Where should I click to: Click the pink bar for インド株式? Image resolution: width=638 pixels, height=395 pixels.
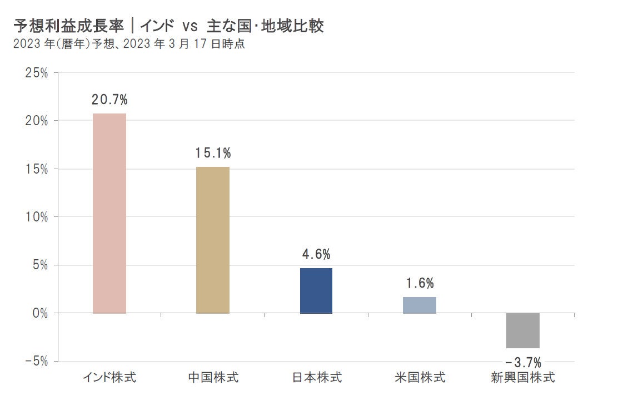(109, 213)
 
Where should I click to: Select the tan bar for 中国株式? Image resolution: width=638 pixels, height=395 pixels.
(213, 240)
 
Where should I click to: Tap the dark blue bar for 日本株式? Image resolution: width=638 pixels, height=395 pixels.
(316, 290)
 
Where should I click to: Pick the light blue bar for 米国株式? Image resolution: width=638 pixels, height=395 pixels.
(420, 305)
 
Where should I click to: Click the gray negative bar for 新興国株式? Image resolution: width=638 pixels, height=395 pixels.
(523, 330)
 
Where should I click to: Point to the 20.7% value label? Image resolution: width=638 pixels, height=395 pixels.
(110, 100)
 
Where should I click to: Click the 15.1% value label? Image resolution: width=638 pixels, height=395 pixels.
(213, 153)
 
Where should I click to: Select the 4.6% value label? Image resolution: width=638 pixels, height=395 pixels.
(316, 255)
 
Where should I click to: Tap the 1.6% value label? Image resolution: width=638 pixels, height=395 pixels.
(420, 283)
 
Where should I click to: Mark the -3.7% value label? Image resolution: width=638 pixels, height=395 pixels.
(523, 363)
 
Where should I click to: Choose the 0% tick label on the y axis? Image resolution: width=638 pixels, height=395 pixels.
(41, 313)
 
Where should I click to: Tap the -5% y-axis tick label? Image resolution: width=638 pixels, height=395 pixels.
(36, 361)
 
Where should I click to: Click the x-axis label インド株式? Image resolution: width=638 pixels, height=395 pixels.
(109, 378)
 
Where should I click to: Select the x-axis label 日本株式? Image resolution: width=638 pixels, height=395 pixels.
(316, 378)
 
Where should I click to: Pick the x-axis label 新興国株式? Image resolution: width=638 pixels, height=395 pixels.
(523, 378)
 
